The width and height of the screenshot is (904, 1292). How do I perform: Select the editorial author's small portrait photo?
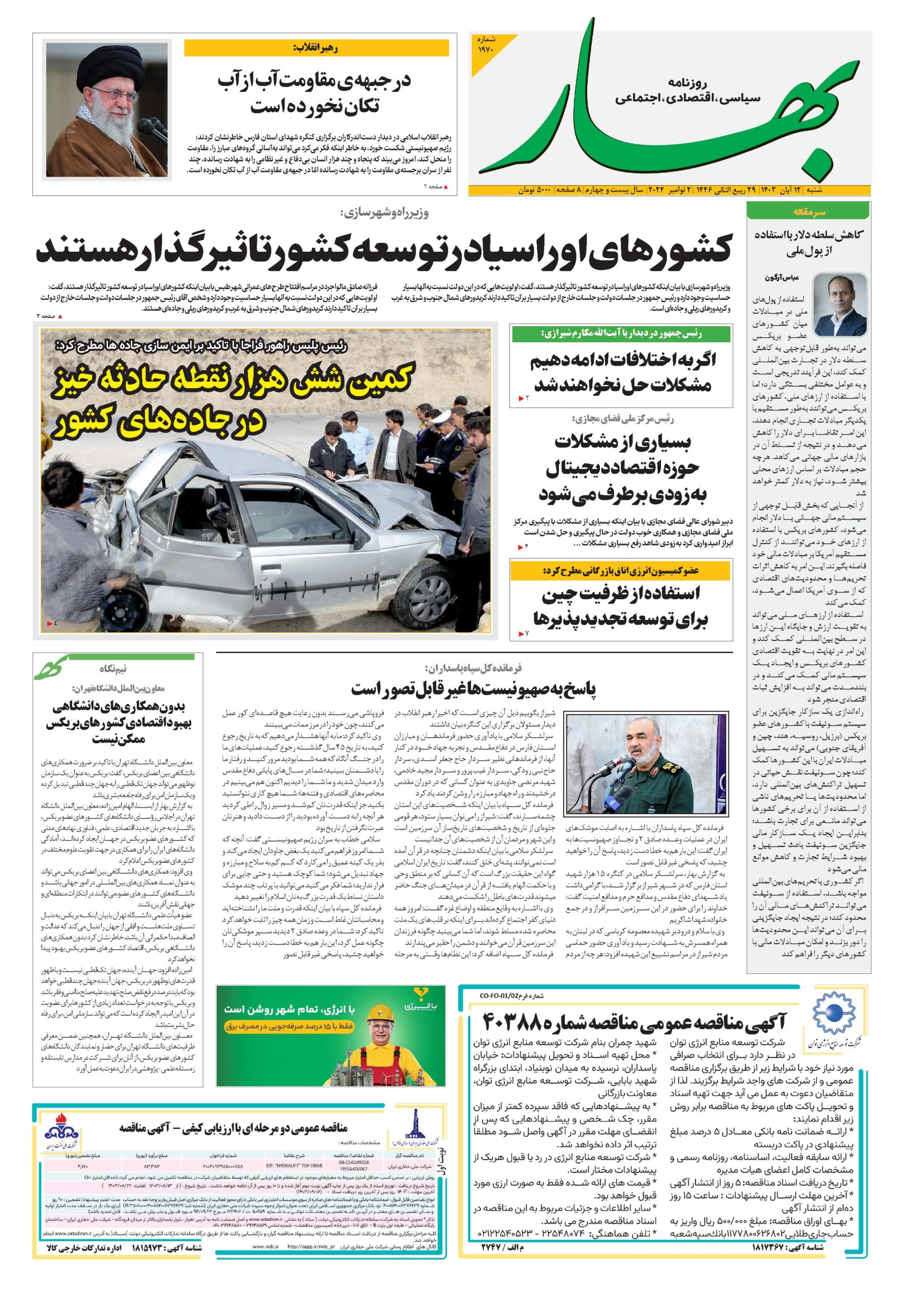[840, 304]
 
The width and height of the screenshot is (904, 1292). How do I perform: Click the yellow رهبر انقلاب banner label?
[316, 48]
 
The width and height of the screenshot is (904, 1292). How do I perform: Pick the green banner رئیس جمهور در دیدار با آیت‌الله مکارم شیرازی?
[620, 334]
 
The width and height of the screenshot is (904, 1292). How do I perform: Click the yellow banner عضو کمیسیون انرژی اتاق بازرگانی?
[620, 571]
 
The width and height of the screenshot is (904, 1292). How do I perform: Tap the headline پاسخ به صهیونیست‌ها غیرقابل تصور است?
[474, 689]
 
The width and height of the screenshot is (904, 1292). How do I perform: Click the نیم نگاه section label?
[114, 669]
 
